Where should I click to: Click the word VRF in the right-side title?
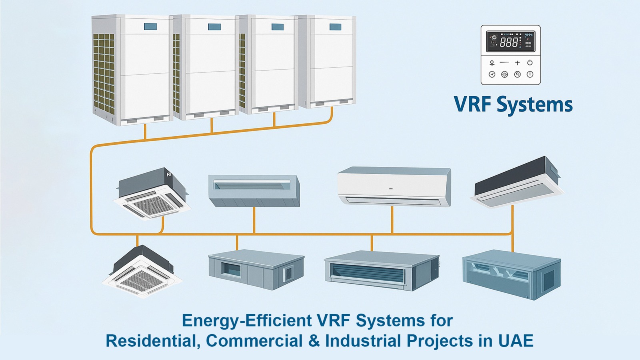[x=472, y=104]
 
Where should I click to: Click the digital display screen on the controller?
[x=510, y=42]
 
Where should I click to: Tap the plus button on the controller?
[x=517, y=63]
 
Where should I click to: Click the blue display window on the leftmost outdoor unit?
[x=150, y=27]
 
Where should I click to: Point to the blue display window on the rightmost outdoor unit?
[x=335, y=27]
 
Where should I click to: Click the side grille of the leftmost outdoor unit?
[x=104, y=72]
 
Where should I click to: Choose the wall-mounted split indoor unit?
[x=394, y=186]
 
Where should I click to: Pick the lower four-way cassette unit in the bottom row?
[x=142, y=272]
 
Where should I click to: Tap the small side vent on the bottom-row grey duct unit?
[x=288, y=274]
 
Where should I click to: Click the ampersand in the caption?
[x=314, y=341]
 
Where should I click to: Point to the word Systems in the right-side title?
[x=534, y=104]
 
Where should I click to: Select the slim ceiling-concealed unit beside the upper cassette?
[x=254, y=190]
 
